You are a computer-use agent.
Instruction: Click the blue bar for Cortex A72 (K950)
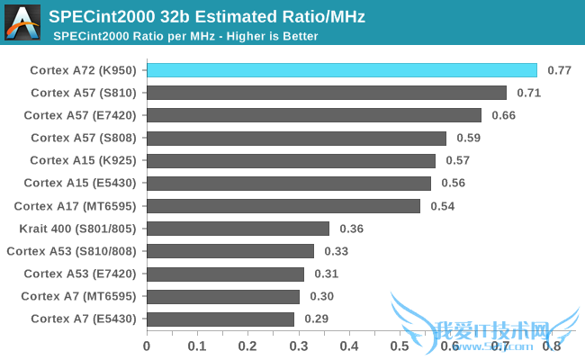[342, 70]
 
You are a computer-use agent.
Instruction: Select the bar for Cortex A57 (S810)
[327, 93]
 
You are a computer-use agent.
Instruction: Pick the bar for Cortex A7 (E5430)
[220, 319]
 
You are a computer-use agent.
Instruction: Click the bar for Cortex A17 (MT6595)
[283, 206]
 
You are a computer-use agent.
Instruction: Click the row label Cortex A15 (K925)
[84, 160]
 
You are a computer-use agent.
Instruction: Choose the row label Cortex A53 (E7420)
[81, 274]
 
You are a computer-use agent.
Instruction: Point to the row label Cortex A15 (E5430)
[81, 183]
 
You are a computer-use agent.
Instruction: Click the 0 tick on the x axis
[147, 344]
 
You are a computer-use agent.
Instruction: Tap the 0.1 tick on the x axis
[197, 344]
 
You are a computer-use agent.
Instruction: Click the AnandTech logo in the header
[22, 22]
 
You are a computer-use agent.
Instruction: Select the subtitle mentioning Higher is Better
[185, 36]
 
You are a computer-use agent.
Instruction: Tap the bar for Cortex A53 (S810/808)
[230, 251]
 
